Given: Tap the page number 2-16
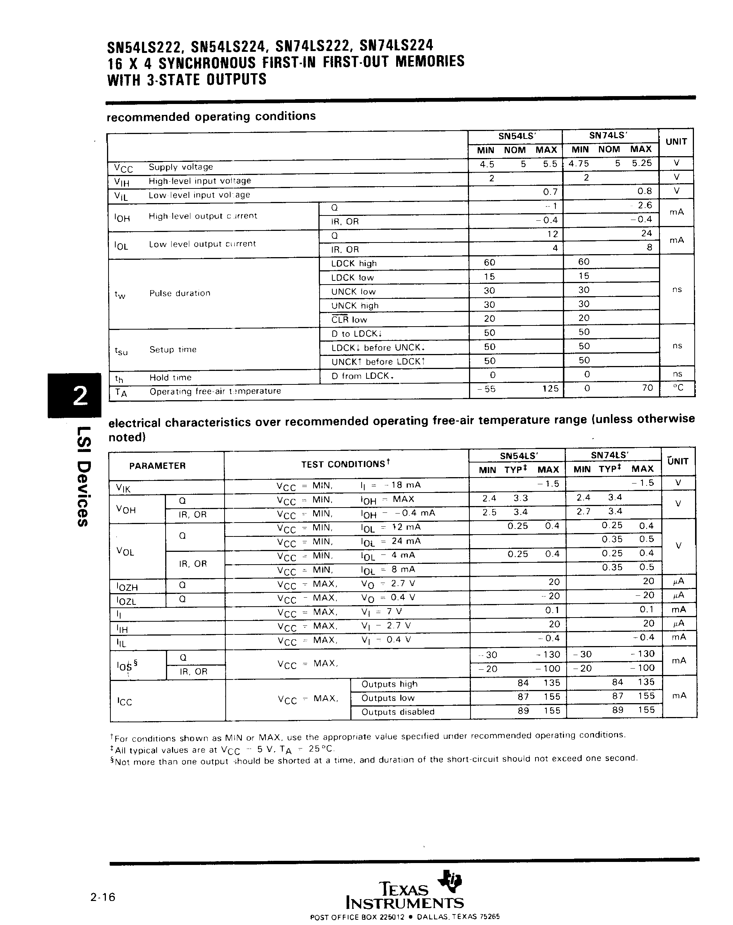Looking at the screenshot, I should click(103, 897).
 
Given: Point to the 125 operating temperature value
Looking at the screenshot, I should click(550, 389).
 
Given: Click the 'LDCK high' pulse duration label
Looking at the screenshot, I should click(354, 264).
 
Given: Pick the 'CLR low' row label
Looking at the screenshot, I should click(349, 319).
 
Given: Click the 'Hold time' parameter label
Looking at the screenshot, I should click(170, 378).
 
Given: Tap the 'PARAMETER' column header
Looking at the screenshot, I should click(157, 466).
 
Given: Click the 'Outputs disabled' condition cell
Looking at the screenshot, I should click(398, 712).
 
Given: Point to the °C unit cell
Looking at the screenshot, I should click(678, 388).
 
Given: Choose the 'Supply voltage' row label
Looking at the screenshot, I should click(181, 167).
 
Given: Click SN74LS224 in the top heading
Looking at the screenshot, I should click(396, 45).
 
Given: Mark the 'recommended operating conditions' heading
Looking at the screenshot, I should click(211, 117).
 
